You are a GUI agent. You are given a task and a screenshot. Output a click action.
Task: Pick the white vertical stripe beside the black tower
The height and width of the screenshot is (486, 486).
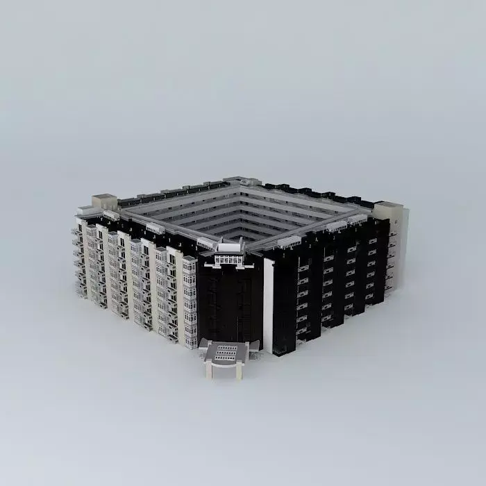268,305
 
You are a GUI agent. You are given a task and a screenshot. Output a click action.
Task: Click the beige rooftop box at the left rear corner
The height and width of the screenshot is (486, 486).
104,202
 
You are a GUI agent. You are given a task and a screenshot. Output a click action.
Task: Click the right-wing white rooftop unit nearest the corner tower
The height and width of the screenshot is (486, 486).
286,242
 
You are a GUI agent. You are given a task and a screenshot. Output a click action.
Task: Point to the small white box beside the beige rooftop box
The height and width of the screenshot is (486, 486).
85,208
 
